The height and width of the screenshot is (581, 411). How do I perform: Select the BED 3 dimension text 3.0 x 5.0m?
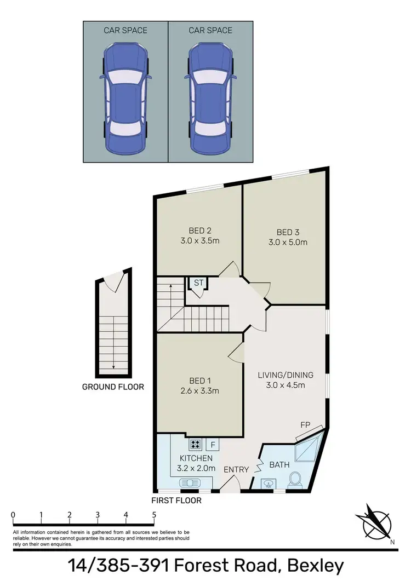tap(288, 241)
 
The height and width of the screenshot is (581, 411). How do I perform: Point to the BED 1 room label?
tap(199, 381)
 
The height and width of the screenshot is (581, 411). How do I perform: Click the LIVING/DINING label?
tap(286, 375)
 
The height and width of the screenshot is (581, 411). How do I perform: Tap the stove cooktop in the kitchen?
tap(196, 444)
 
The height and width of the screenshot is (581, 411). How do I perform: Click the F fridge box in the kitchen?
tap(213, 444)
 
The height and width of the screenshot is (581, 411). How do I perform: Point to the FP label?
tap(305, 424)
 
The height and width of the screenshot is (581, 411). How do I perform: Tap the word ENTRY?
tap(237, 469)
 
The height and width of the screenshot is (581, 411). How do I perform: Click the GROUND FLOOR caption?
tap(113, 387)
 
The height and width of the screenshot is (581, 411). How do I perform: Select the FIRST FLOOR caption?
tap(177, 500)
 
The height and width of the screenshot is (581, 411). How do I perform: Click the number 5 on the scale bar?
tap(154, 515)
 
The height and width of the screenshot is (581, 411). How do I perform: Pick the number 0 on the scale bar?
tap(13, 515)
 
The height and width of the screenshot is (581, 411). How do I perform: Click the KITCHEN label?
tap(196, 458)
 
